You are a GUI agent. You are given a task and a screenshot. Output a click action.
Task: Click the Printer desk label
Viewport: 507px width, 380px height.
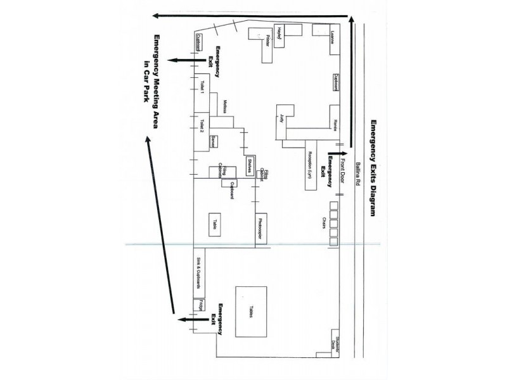(x=268, y=41)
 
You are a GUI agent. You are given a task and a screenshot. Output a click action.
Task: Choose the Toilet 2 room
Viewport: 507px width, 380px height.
(x=202, y=126)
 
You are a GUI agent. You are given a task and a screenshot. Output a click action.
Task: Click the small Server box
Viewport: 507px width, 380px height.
(x=214, y=141)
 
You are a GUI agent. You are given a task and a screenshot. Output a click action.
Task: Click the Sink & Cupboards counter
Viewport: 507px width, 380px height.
(x=198, y=272)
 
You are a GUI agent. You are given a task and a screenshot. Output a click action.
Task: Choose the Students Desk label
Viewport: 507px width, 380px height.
(x=340, y=343)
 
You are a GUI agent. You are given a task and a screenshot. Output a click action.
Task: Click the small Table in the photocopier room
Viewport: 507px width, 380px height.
(x=216, y=224)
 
